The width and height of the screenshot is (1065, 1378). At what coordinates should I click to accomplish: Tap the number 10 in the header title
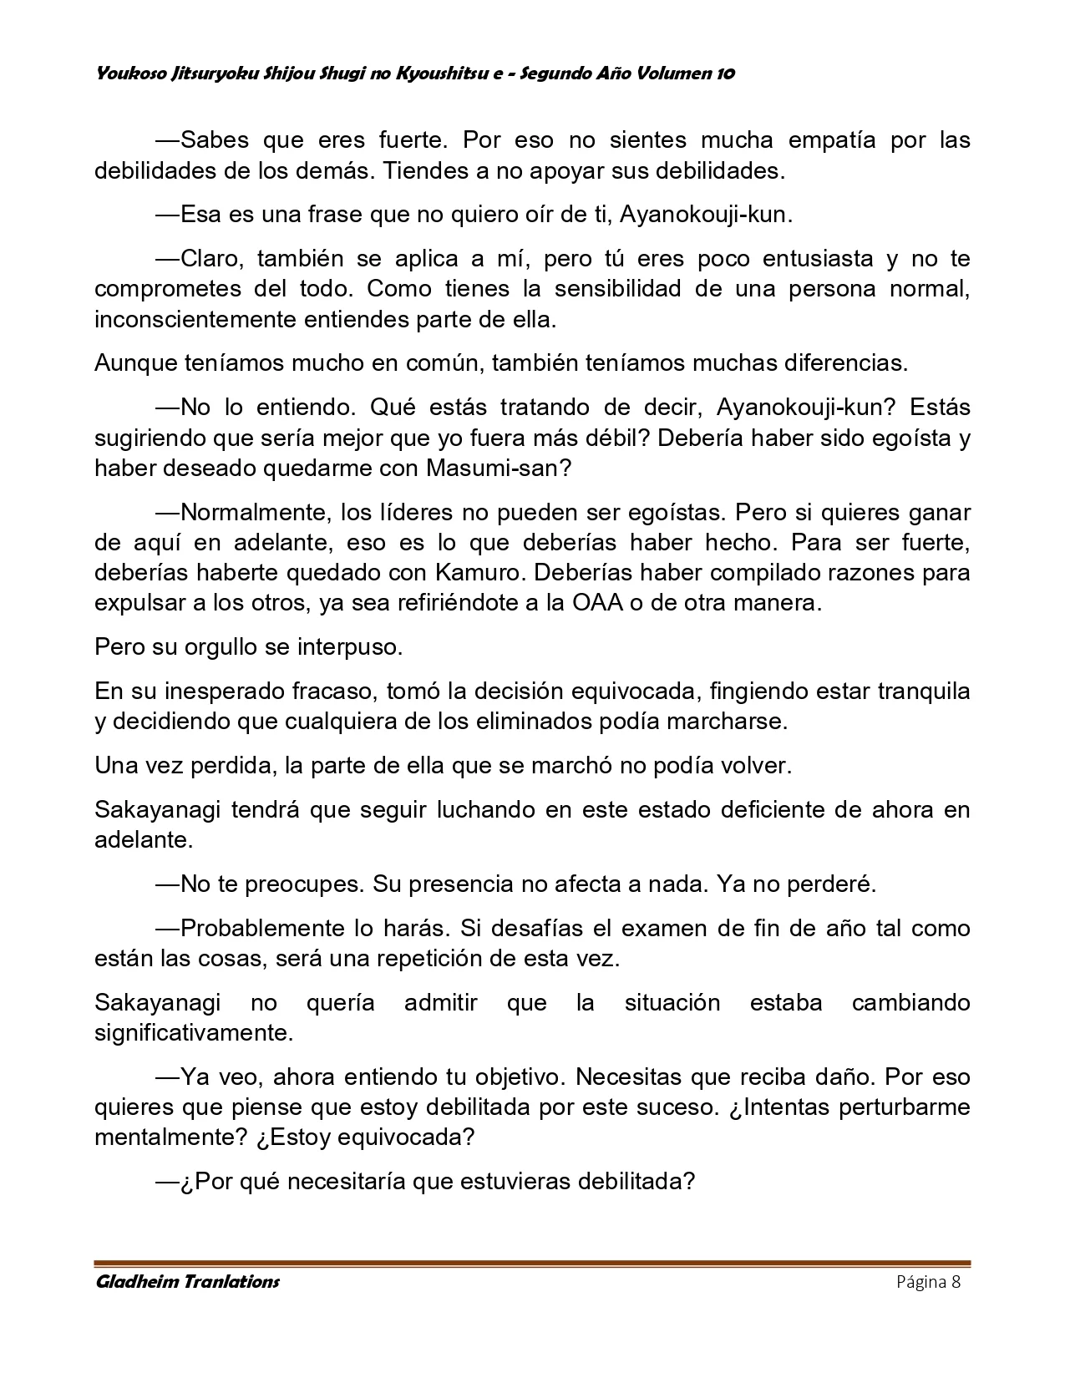(x=726, y=73)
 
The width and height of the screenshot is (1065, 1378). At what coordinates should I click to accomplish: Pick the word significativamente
(x=194, y=1033)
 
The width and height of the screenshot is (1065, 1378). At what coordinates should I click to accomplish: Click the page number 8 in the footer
(x=956, y=1283)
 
